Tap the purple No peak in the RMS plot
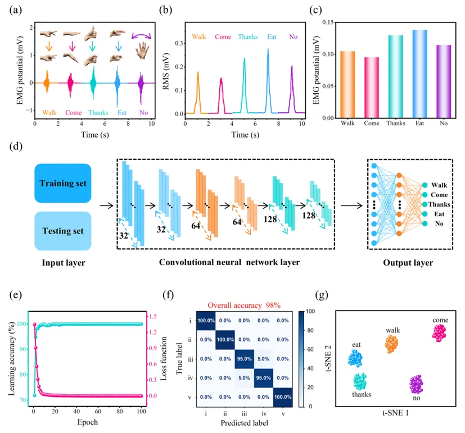292,90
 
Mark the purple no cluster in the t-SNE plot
416,385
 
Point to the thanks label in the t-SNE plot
362,395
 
